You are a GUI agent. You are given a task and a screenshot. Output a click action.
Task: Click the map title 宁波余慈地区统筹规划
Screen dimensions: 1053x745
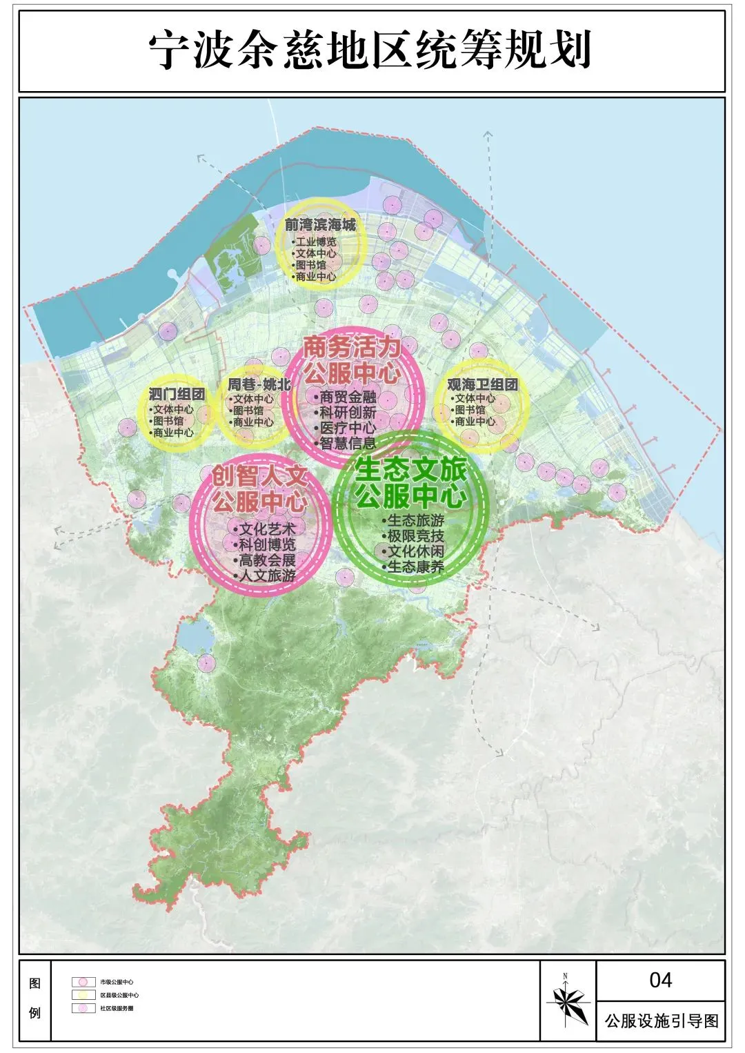pos(370,50)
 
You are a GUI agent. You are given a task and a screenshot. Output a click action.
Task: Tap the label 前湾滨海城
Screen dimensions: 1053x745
pos(320,225)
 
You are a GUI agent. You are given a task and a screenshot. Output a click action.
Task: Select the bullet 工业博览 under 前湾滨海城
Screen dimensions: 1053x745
pos(315,242)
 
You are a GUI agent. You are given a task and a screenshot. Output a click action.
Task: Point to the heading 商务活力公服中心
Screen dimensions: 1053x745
pos(352,360)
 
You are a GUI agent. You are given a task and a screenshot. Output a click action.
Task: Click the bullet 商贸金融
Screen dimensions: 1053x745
pos(347,397)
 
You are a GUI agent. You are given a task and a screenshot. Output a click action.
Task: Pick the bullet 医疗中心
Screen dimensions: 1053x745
pos(347,428)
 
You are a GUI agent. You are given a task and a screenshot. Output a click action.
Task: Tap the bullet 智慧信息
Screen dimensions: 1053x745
pos(347,444)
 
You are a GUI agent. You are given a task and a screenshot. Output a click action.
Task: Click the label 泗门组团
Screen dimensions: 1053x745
pos(177,394)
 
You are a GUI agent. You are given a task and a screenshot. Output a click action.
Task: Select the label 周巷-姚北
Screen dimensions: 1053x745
pos(259,384)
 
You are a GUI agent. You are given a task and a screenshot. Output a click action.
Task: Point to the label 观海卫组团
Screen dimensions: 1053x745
pos(482,384)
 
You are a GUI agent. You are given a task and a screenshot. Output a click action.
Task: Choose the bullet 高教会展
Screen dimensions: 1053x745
pos(266,560)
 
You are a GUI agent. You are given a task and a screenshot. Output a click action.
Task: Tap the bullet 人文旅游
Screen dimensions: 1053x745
pos(266,575)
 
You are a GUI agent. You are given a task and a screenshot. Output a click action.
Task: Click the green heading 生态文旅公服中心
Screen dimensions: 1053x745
pos(411,483)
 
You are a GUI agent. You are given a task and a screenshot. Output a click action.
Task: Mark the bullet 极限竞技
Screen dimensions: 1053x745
pos(415,536)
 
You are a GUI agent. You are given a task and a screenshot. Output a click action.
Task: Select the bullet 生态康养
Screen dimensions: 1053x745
pos(415,567)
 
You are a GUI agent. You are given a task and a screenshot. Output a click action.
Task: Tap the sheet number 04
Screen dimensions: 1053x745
pos(660,980)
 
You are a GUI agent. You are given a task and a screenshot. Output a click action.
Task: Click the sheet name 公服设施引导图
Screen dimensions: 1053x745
pos(661,1021)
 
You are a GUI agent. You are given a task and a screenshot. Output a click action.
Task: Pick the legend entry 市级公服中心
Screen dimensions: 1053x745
pos(116,982)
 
